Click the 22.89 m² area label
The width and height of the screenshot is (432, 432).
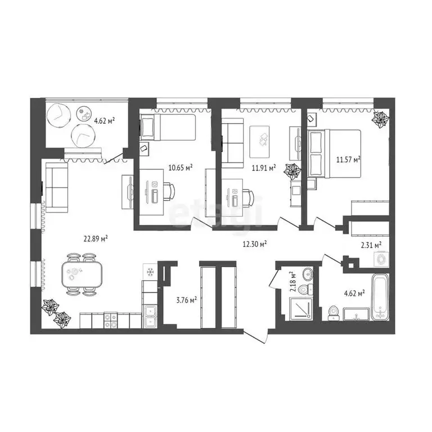coord(96,238)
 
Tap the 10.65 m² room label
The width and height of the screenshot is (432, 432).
coord(181,167)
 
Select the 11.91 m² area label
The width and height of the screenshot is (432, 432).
coord(264,168)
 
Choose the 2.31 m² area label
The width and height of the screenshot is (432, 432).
coord(371,244)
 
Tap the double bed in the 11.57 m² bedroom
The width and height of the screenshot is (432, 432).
coord(335,154)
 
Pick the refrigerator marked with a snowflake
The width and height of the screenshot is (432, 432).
coord(151,273)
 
